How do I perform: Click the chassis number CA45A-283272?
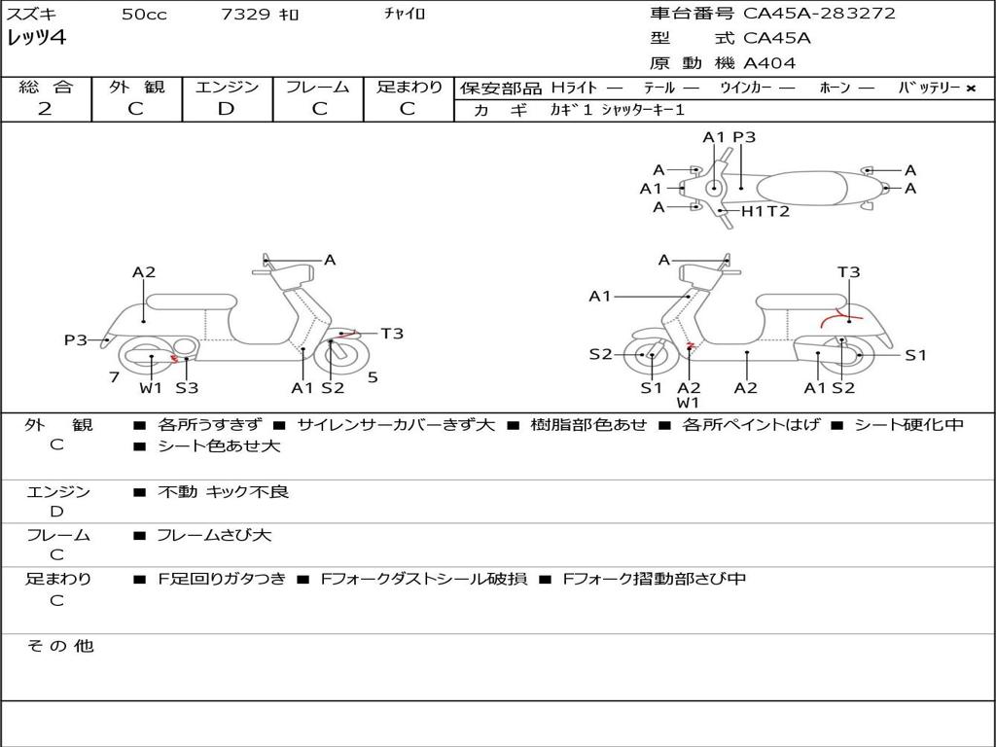tap(819, 14)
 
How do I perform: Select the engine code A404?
tap(769, 63)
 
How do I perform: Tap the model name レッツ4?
tap(36, 39)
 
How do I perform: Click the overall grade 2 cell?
tap(45, 109)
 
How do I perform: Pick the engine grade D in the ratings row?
tap(226, 109)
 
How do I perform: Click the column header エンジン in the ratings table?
tap(227, 87)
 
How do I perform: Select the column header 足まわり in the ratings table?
tap(409, 87)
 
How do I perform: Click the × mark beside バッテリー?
tap(970, 89)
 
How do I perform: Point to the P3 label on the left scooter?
tap(76, 339)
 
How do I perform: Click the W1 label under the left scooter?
tap(151, 388)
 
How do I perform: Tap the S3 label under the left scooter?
tap(187, 388)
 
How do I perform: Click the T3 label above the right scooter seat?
tap(848, 272)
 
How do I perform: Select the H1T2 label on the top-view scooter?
tap(765, 211)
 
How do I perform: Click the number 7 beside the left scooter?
tap(114, 377)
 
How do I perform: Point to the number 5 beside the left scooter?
tap(373, 377)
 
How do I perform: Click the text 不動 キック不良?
tap(223, 492)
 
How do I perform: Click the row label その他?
tap(59, 646)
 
